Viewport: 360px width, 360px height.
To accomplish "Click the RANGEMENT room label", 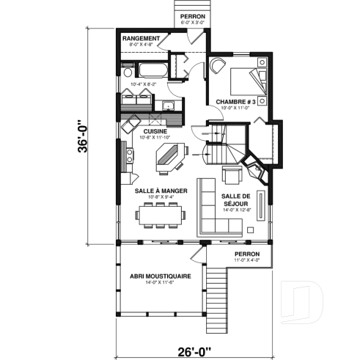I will point(142,37).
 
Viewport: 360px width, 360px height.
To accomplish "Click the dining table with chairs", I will point(161,215).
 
